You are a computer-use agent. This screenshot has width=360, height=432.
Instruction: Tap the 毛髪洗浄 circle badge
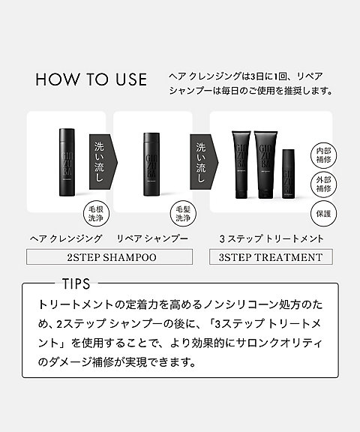(x=184, y=212)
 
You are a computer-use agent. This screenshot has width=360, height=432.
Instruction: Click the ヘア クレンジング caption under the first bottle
(x=64, y=238)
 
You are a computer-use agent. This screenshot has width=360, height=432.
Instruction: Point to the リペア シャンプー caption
(x=152, y=238)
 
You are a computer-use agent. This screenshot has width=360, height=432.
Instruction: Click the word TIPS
(x=72, y=286)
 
